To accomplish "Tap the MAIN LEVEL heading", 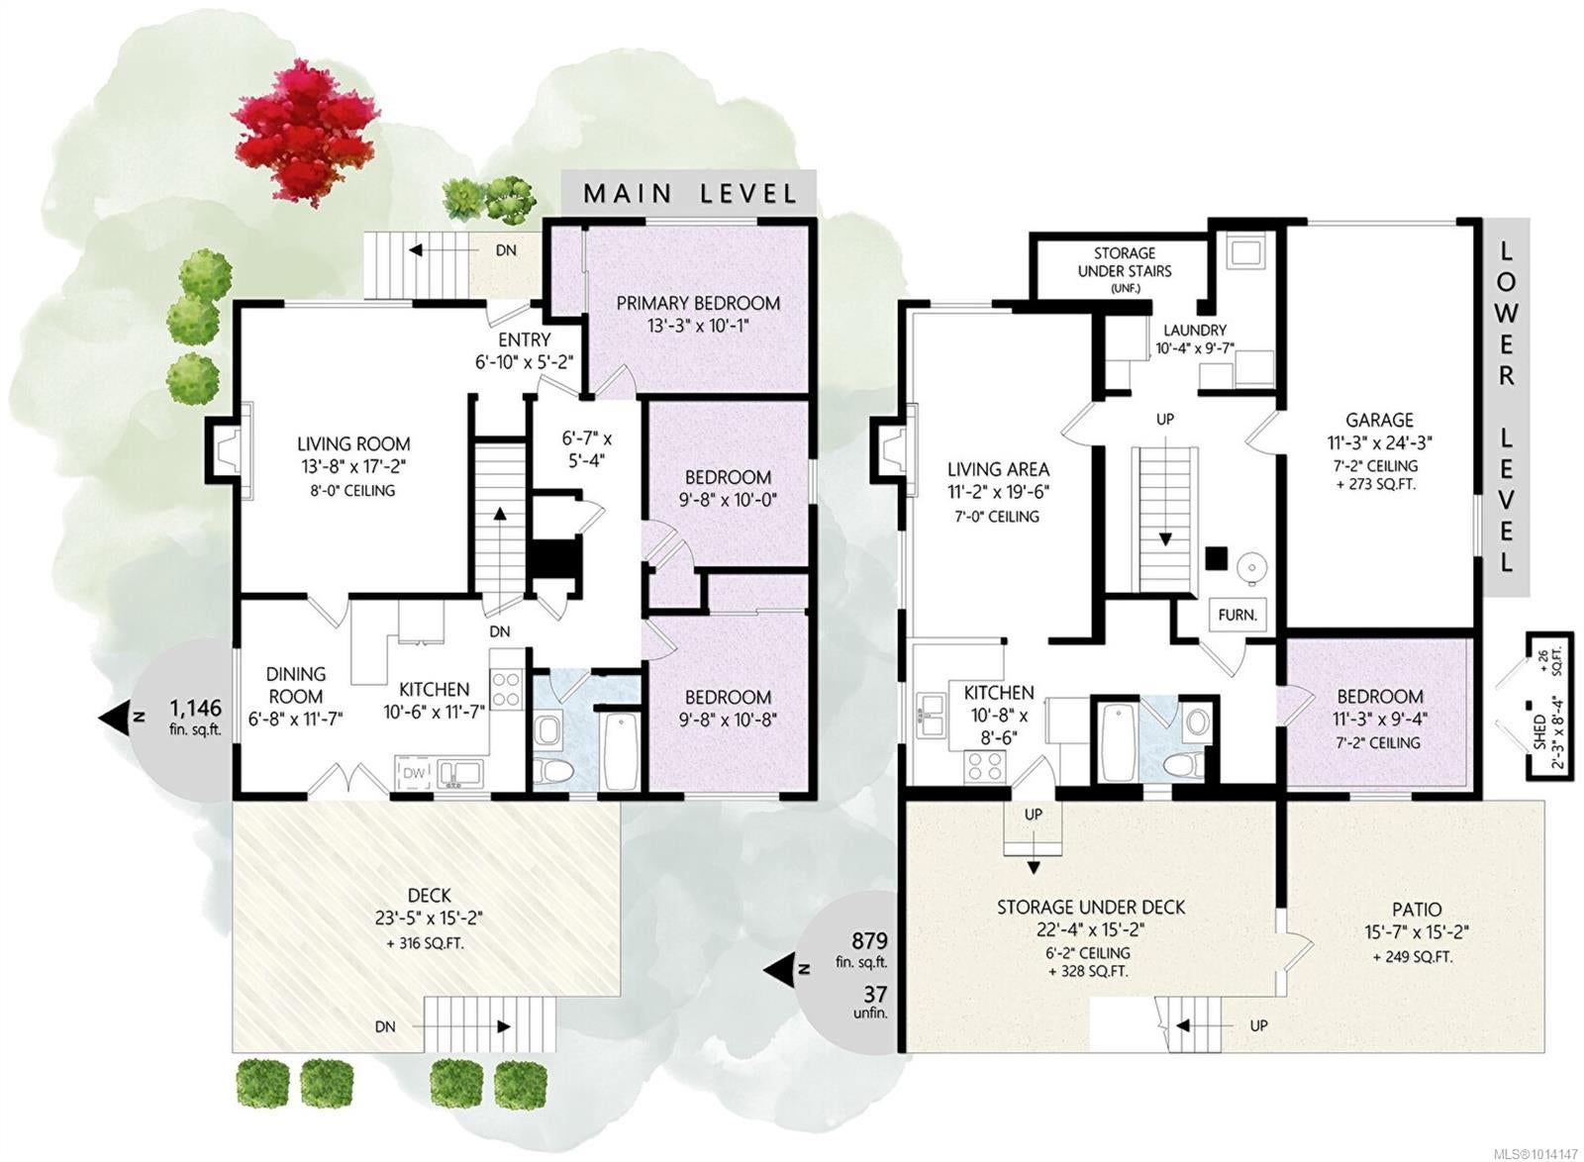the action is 689,193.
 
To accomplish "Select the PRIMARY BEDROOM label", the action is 698,303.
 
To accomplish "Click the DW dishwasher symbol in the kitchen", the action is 415,773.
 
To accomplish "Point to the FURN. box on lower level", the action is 1237,615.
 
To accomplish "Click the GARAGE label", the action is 1379,420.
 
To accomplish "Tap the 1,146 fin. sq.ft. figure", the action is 196,718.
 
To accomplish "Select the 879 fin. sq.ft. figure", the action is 869,950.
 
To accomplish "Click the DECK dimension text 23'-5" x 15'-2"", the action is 430,919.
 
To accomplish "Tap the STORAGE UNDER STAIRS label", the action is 1125,262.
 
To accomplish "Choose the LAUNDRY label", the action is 1195,330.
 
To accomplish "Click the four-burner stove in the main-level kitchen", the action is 506,689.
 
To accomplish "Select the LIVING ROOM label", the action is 353,443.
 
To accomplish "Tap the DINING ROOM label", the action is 296,685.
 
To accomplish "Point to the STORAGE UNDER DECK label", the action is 1090,908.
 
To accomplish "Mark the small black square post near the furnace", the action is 1217,558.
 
